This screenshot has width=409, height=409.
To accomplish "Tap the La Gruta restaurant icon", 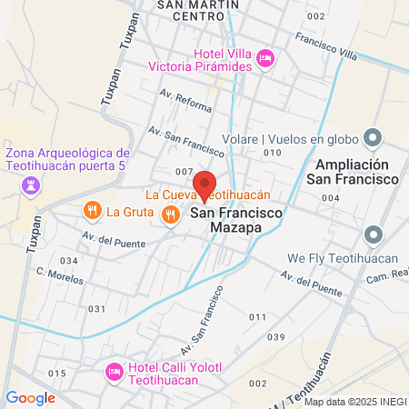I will [92, 212].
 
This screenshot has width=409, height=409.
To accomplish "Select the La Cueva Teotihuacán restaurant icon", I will [170, 214].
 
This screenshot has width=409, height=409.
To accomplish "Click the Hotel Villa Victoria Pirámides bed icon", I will [265, 58].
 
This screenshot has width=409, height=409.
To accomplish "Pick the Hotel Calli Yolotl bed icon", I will [115, 371].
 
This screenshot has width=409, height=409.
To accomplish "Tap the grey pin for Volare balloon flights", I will [372, 138].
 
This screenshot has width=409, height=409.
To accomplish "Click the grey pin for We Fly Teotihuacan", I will [372, 236].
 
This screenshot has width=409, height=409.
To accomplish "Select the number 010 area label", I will [272, 153].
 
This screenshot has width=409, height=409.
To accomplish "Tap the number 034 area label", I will [69, 261].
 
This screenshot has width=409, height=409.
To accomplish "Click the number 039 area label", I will [276, 337].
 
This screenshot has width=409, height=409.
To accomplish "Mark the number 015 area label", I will [57, 374].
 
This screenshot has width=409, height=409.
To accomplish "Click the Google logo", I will [31, 397].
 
